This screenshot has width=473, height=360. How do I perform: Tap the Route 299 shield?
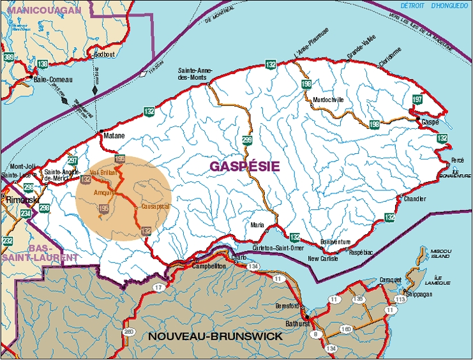click(247, 140)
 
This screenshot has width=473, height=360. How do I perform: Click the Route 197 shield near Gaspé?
click(417, 100)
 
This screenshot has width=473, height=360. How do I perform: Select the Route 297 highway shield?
click(72, 161)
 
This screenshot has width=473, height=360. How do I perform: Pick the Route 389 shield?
click(9, 58)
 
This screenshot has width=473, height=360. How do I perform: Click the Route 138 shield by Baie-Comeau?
click(42, 64)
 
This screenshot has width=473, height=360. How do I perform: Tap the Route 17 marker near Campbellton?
click(158, 289)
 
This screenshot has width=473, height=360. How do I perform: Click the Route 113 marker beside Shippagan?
click(400, 299)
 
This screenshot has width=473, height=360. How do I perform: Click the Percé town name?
click(457, 160)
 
